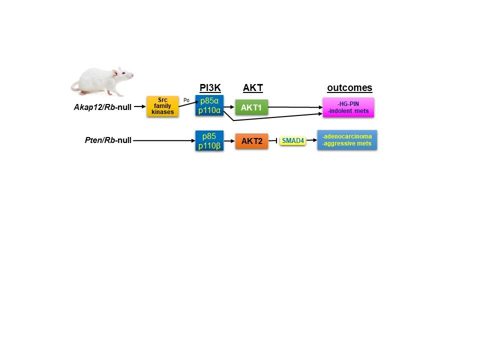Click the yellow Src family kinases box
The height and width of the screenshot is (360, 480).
pyautogui.click(x=162, y=106)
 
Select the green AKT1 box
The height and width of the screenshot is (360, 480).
pyautogui.click(x=252, y=107)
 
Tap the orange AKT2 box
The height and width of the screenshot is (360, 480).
pyautogui.click(x=252, y=141)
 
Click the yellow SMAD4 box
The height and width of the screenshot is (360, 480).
pyautogui.click(x=292, y=141)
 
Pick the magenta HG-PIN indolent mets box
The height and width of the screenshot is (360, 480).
pyautogui.click(x=348, y=107)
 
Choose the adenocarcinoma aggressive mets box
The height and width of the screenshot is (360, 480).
pyautogui.click(x=347, y=140)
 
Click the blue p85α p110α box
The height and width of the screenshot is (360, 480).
pyautogui.click(x=209, y=105)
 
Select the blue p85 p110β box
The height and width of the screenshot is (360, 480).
pyautogui.click(x=209, y=140)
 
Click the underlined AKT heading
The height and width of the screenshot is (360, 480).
pyautogui.click(x=253, y=88)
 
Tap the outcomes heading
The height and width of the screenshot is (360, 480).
pyautogui.click(x=349, y=88)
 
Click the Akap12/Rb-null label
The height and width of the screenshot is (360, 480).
pyautogui.click(x=102, y=106)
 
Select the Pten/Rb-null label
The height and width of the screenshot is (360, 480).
pyautogui.click(x=108, y=140)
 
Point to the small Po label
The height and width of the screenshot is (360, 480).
pyautogui.click(x=186, y=100)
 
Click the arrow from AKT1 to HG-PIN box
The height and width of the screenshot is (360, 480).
pyautogui.click(x=295, y=107)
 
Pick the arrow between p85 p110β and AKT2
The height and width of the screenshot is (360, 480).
pyautogui.click(x=229, y=141)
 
